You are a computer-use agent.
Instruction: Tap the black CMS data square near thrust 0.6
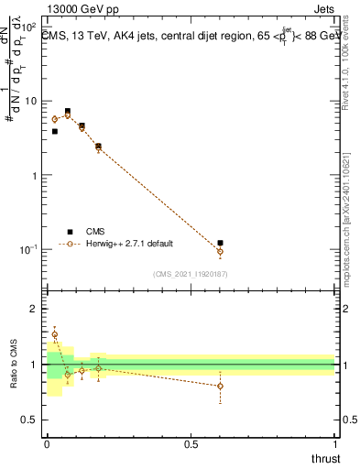220,243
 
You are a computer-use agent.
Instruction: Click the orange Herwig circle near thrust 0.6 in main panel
220,251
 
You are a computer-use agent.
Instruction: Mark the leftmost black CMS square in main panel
54,131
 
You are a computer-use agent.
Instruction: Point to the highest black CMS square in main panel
67,111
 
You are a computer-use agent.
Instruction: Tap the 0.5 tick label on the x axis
191,443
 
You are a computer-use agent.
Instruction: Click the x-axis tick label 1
335,443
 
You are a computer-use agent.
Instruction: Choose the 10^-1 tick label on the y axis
27,249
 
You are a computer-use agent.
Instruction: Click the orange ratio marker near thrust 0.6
220,386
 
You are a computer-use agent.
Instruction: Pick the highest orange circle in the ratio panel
54,334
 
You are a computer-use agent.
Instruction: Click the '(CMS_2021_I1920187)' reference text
190,275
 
